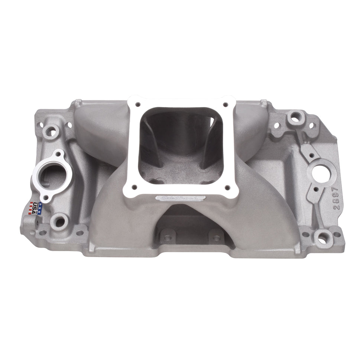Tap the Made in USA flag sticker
(x=35, y=208)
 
